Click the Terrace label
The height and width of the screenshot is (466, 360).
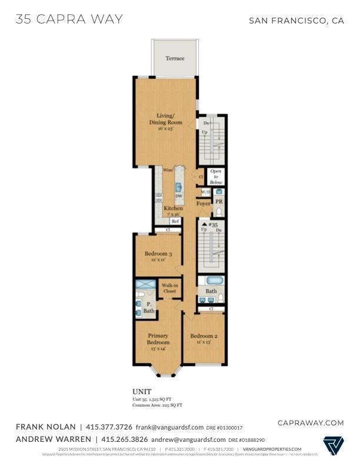pos(175,58)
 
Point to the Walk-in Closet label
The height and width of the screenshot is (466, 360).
pos(170,288)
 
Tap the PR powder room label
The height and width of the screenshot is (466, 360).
pos(218,201)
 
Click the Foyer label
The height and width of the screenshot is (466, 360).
pos(204,204)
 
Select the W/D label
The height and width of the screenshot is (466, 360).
pos(206,192)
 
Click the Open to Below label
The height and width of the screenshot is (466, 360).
pos(216,177)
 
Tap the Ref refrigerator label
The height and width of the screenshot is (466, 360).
pos(175,221)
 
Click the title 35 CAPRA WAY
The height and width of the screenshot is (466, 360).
pos(69,19)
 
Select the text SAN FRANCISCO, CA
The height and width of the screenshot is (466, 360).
pos(296,21)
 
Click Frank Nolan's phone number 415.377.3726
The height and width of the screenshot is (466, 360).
pos(109,427)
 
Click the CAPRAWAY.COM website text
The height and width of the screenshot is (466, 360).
pos(310,422)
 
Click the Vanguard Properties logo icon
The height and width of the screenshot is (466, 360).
pos(334,445)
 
